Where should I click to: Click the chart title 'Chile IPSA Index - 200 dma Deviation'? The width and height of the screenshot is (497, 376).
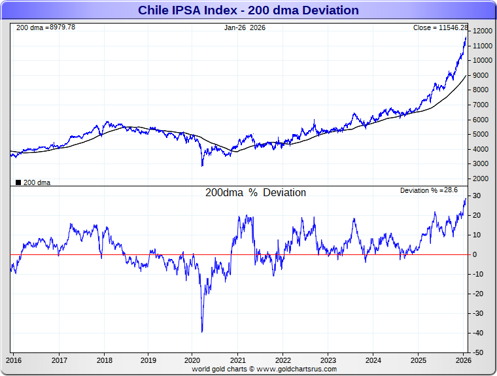(x=248, y=10)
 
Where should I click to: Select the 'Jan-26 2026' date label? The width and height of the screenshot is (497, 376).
(x=245, y=27)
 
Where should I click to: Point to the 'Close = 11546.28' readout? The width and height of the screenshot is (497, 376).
(x=440, y=27)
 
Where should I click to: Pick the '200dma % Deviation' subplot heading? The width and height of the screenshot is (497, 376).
(x=256, y=193)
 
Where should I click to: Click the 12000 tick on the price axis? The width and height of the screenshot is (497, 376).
(x=483, y=31)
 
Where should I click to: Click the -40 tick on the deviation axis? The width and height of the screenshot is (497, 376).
(x=479, y=333)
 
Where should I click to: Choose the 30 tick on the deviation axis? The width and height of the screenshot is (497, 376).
(x=478, y=196)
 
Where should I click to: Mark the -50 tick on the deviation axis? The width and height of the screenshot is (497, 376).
(x=479, y=352)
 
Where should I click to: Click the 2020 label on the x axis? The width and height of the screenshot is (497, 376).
(x=193, y=360)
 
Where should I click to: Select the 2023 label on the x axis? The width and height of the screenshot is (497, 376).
(x=328, y=360)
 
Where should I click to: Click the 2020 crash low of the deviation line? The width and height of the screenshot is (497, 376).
(x=202, y=332)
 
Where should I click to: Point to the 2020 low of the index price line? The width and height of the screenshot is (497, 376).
(x=202, y=165)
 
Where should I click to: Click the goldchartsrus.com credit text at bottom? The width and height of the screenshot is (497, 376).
(x=264, y=369)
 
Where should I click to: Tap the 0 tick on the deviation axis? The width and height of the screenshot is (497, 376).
(x=476, y=254)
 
